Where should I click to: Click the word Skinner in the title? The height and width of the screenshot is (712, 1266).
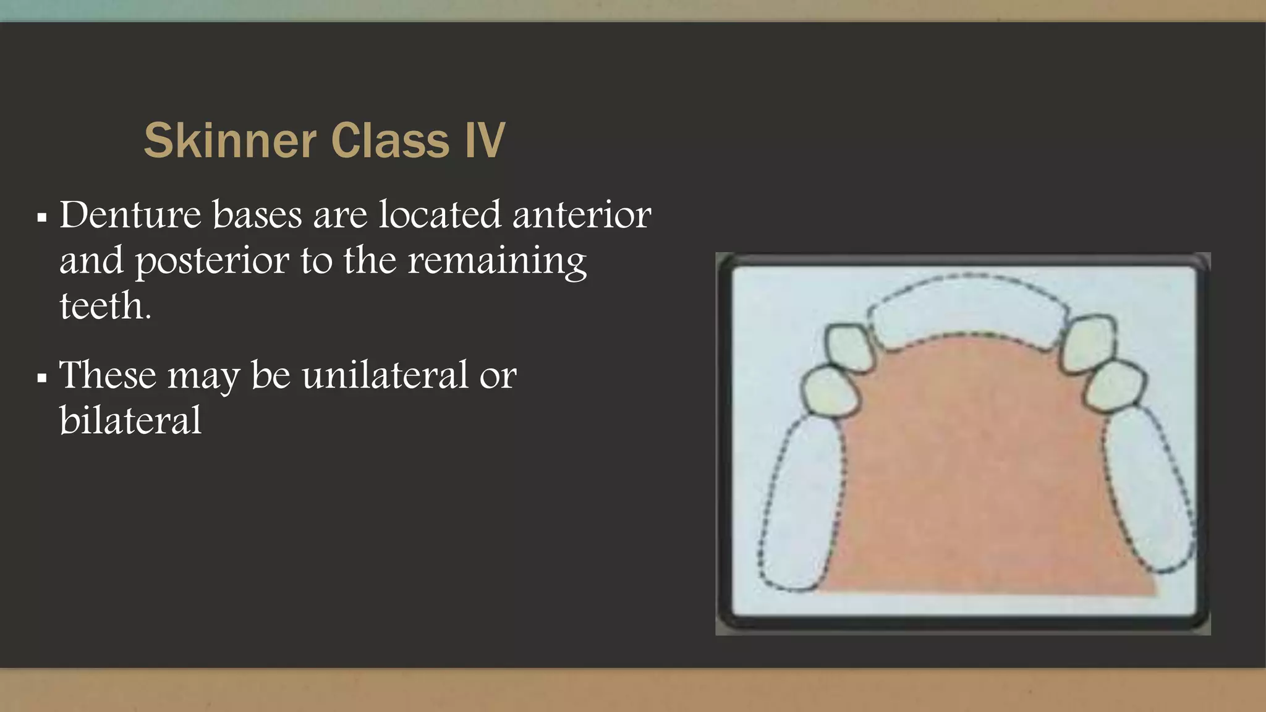(230, 141)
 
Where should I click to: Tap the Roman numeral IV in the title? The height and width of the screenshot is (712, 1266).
(485, 141)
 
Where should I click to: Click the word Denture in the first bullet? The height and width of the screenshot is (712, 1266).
(130, 215)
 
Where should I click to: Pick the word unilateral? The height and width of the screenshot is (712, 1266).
(384, 375)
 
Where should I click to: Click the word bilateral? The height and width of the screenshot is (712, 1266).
(130, 421)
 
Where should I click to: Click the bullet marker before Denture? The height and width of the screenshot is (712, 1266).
(42, 218)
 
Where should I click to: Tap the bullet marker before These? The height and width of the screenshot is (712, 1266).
(42, 378)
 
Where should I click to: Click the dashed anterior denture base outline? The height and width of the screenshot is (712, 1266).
(968, 309)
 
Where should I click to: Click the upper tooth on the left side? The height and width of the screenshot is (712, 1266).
(849, 347)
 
